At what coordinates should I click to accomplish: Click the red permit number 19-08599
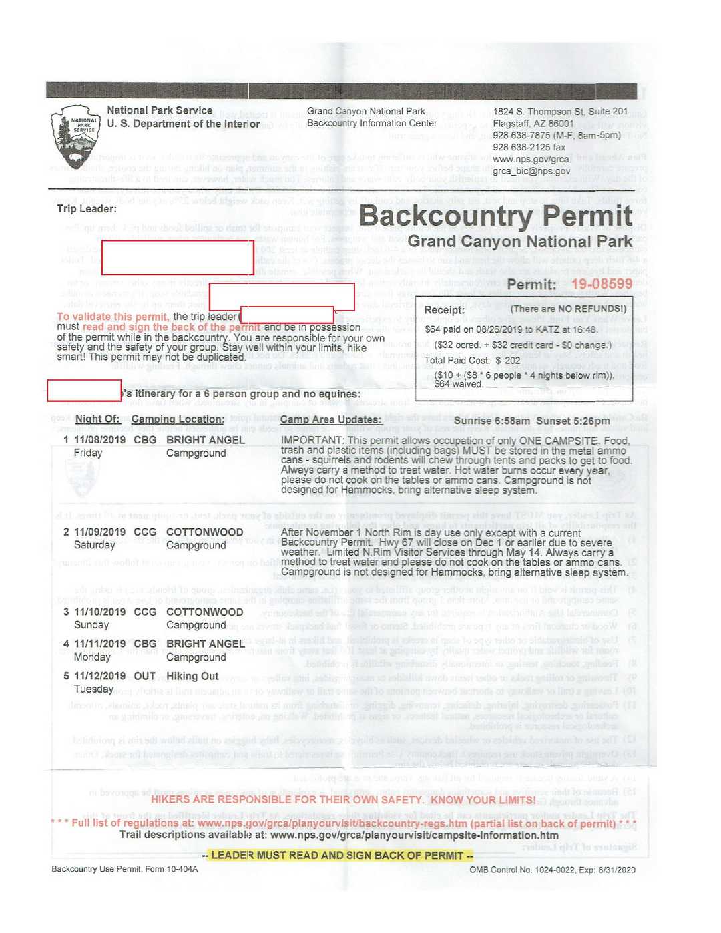602,284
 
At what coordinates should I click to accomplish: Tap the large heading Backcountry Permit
495,216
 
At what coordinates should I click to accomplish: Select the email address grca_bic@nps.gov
531,171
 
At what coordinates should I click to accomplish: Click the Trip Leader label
87,209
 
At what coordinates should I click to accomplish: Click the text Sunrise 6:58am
492,421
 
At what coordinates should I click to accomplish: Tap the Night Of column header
97,419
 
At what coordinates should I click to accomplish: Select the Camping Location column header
178,419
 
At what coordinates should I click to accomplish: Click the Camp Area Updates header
331,419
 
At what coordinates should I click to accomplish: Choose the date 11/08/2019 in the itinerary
99,440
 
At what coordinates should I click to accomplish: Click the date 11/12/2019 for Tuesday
99,676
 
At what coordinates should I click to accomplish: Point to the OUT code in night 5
144,676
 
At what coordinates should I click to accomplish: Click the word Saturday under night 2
94,545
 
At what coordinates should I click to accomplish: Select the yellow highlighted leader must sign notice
338,856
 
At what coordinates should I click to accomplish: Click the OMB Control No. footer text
552,870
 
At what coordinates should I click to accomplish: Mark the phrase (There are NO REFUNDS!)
568,309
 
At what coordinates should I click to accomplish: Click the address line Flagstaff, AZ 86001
533,123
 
